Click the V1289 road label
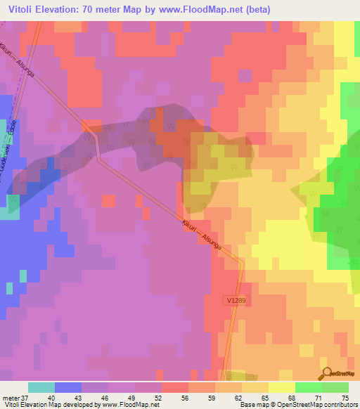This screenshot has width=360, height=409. (237, 300)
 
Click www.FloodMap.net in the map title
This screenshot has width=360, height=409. (211, 10)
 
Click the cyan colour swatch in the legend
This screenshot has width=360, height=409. (41, 387)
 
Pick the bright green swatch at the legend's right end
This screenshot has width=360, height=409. (335, 387)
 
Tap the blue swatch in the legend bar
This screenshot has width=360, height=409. (67, 387)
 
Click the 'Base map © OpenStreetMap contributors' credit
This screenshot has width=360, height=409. (297, 405)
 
